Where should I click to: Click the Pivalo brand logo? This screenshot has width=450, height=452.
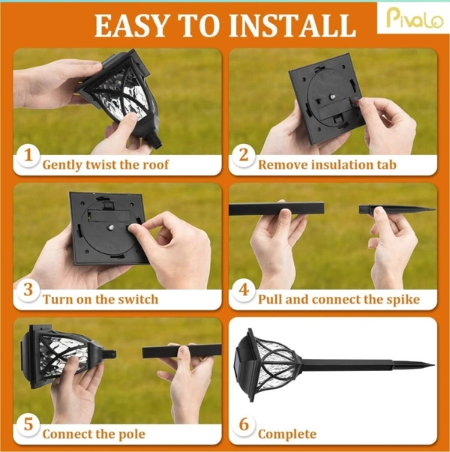414,18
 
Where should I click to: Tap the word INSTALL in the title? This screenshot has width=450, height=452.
292,26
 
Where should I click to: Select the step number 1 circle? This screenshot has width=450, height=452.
28,156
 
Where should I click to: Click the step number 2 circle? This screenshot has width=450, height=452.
244,156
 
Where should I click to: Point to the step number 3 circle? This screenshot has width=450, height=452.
28,290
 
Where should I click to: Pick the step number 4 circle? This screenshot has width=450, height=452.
244,290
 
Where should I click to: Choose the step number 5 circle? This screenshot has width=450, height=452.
28,425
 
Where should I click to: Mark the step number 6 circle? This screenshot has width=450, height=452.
244,425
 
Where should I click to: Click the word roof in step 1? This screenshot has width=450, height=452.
156,165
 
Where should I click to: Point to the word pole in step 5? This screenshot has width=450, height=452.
131,434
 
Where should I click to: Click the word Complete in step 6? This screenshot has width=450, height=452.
287,435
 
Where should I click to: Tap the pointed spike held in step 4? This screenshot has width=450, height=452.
397,209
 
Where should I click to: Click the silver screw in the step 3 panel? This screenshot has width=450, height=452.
111,227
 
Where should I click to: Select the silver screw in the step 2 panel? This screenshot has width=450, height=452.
332,97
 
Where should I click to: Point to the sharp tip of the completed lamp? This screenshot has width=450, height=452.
433,366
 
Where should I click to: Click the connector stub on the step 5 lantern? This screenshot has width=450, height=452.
109,353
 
